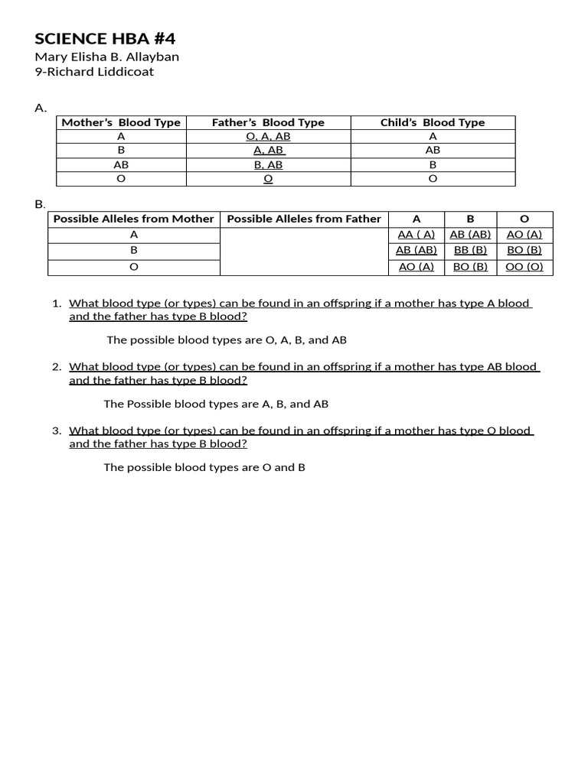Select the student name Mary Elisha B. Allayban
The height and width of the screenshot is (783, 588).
(x=107, y=57)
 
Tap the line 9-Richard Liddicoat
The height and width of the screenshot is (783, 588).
(x=94, y=72)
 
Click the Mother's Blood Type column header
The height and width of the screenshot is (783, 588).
(x=121, y=122)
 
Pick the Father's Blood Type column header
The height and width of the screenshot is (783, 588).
(x=268, y=122)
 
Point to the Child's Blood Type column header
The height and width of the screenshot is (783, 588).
(x=433, y=122)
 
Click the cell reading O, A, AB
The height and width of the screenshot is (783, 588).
(x=268, y=136)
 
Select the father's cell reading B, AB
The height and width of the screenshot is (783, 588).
(x=268, y=164)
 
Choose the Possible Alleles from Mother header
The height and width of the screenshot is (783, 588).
(x=133, y=219)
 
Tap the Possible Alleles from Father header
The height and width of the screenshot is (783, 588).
(x=304, y=219)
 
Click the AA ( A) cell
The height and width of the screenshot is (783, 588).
(x=416, y=235)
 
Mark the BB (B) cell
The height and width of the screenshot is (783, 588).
(x=470, y=250)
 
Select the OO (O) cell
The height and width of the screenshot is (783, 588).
(x=524, y=267)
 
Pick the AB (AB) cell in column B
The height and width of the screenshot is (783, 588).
(x=470, y=235)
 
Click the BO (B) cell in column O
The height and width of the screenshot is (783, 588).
(x=524, y=250)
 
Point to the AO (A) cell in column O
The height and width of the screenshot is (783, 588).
(x=524, y=235)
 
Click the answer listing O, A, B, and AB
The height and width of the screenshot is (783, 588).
(x=221, y=340)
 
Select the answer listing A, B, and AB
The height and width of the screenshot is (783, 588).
(x=216, y=404)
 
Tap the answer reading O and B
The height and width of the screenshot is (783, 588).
(x=204, y=467)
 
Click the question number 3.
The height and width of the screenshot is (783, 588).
(x=57, y=430)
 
